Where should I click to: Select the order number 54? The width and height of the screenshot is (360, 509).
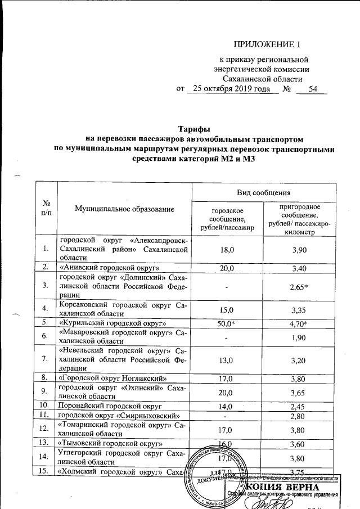[x=313, y=89]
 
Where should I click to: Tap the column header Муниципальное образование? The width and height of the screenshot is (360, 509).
[x=124, y=209]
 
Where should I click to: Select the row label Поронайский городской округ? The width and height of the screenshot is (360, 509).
[x=110, y=405]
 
